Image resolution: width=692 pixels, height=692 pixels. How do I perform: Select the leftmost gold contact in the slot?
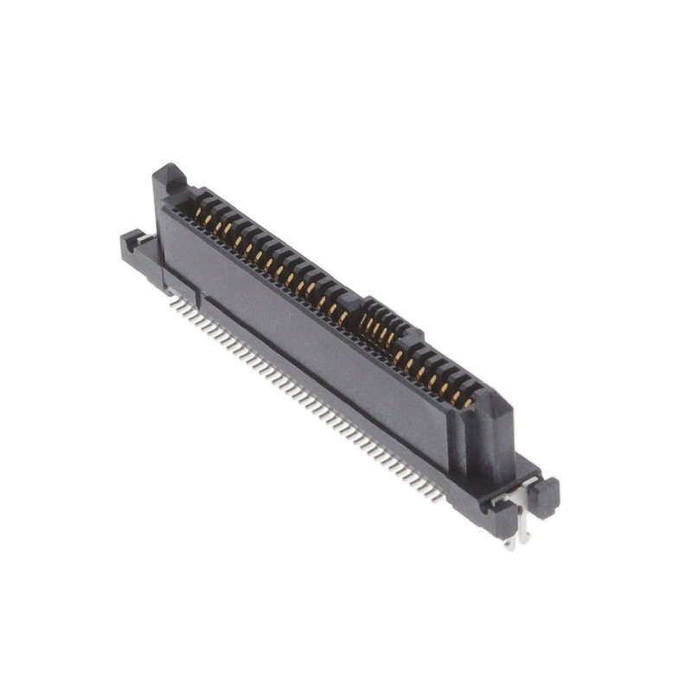[x=198, y=212]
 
